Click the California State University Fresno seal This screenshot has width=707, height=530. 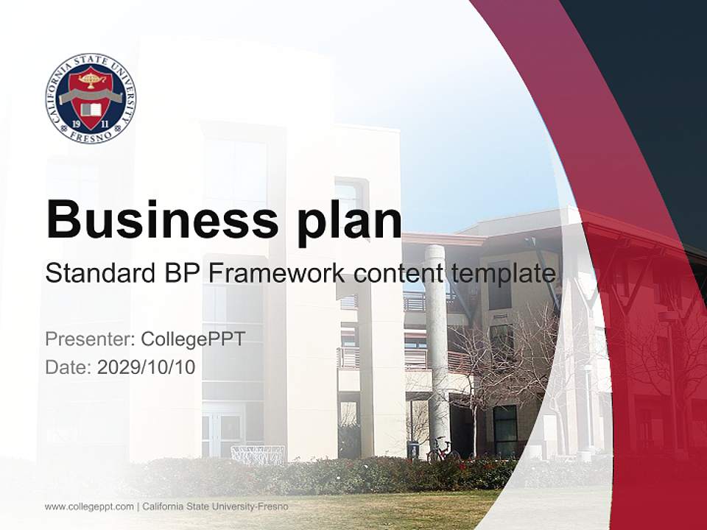[91, 98]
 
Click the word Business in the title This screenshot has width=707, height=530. [162, 220]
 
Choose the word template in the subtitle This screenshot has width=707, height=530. [504, 275]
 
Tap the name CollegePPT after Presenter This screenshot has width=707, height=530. [193, 339]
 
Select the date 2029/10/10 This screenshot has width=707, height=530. [146, 367]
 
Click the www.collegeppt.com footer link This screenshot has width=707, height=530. [89, 506]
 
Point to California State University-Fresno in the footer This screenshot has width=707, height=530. [216, 506]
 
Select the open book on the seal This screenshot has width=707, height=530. [91, 109]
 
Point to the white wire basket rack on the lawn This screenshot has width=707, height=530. [258, 454]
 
